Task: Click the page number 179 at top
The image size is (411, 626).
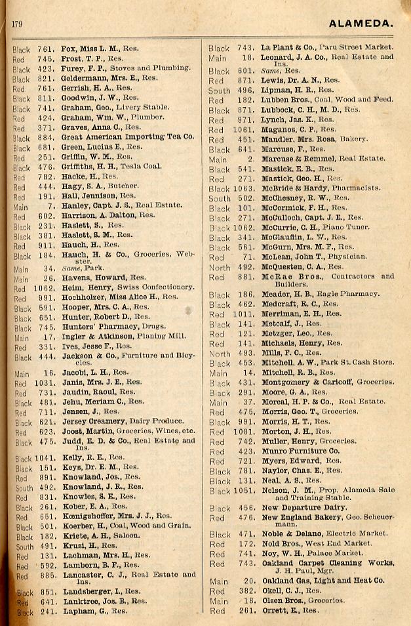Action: point(17,25)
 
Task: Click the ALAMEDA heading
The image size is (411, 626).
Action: point(361,24)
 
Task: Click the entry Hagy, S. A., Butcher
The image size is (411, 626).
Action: point(95,186)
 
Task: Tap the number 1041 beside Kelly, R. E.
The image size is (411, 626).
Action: point(43,458)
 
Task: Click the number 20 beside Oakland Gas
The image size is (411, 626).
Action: point(248,581)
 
